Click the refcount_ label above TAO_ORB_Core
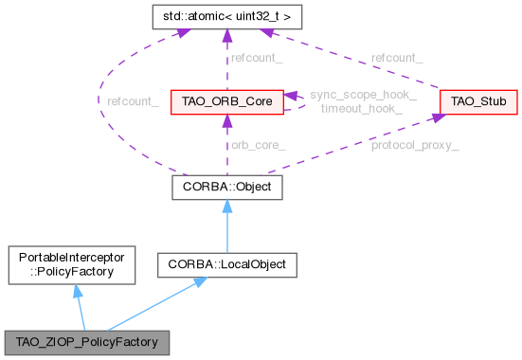(256, 58)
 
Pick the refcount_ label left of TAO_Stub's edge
(396, 58)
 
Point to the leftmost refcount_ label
(133, 99)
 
